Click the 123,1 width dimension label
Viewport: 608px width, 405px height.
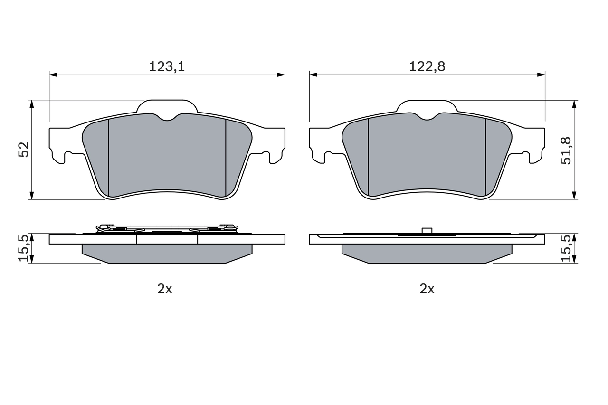[x=167, y=67]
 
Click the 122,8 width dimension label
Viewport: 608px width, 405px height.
[x=427, y=67]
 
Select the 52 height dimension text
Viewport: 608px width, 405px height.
[x=24, y=150]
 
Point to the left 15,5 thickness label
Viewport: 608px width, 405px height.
[x=24, y=248]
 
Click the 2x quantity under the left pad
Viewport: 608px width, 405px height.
[x=165, y=289]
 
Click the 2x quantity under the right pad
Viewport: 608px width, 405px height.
[x=427, y=289]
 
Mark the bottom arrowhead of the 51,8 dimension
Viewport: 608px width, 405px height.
[x=575, y=195]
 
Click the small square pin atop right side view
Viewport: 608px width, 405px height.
[x=427, y=231]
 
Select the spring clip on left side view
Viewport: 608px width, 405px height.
[x=166, y=229]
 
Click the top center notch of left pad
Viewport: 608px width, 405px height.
[x=167, y=117]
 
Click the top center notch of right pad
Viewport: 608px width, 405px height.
[x=427, y=117]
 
